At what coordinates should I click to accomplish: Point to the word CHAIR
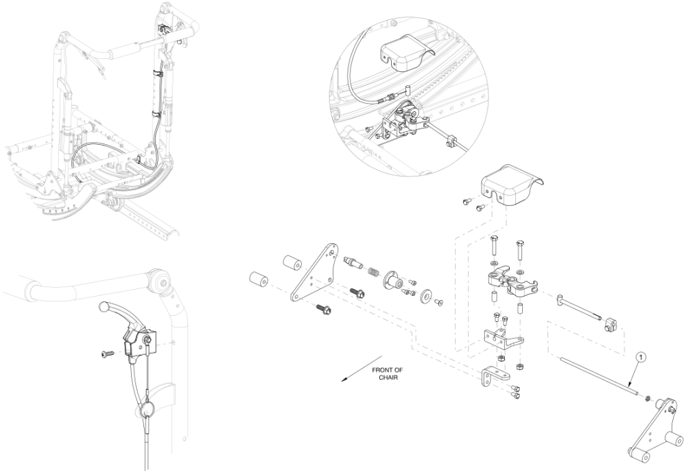[x=388, y=378]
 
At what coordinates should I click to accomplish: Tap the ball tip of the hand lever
[x=105, y=306]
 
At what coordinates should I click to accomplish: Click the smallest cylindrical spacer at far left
[x=258, y=281]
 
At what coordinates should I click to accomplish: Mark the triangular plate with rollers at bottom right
[x=655, y=428]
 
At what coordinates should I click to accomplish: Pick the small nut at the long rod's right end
[x=648, y=397]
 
